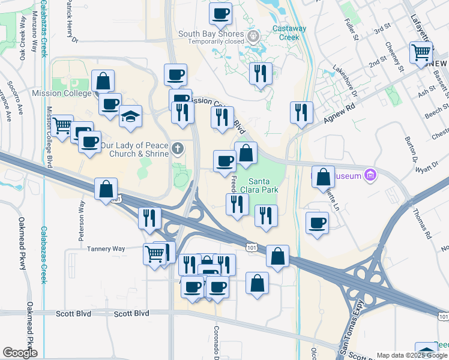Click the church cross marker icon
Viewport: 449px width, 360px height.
(177, 148)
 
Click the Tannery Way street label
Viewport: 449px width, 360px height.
(106, 248)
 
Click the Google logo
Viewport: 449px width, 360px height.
(20, 352)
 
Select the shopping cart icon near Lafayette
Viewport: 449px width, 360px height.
(421, 52)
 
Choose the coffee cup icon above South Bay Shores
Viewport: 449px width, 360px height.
(221, 13)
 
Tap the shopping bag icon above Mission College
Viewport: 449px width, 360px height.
(103, 80)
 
